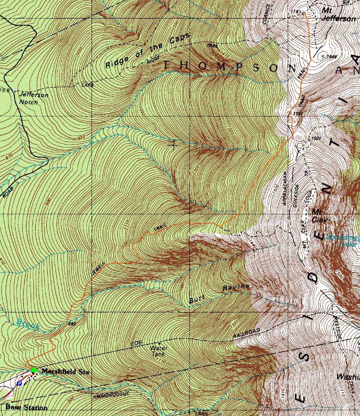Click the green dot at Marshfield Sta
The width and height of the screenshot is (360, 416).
pyautogui.click(x=34, y=370)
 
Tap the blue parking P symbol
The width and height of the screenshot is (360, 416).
pyautogui.click(x=19, y=383)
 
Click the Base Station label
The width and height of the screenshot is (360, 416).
pyautogui.click(x=26, y=408)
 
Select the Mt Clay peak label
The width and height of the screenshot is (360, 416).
pyautogui.click(x=319, y=216)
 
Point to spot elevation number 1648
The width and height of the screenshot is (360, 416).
pyautogui.click(x=331, y=57)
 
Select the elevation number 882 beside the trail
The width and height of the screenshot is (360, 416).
pyautogui.click(x=72, y=324)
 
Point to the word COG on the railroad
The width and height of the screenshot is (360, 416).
pyautogui.click(x=136, y=344)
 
